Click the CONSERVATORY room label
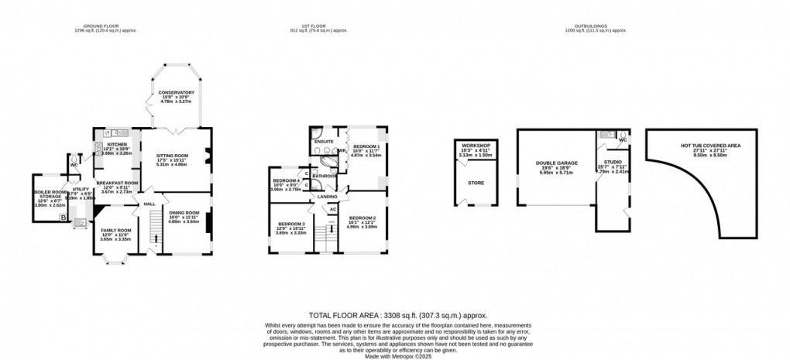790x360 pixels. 177,92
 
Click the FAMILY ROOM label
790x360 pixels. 115,231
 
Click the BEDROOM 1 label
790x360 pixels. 366,146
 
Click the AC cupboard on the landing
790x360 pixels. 333,210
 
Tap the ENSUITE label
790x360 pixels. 323,142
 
